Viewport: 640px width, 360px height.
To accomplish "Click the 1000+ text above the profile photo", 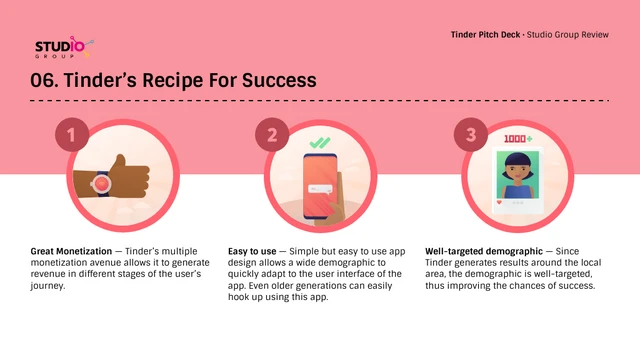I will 517,139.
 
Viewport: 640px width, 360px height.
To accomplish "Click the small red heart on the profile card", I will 499,201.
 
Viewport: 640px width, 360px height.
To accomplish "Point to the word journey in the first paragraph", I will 52,285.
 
